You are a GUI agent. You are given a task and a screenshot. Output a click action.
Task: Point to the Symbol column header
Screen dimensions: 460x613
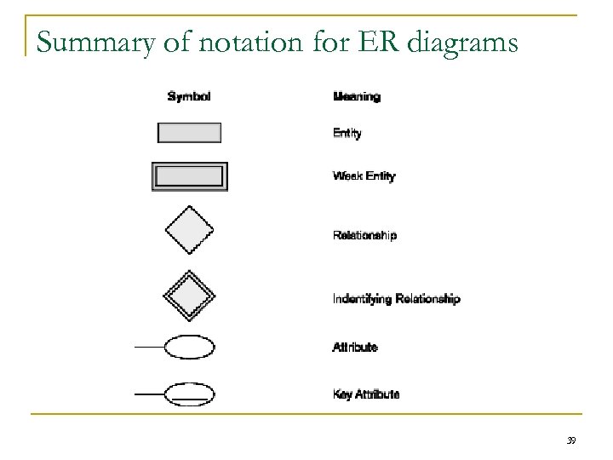point(188,96)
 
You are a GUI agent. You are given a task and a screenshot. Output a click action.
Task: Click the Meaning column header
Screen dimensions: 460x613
point(356,96)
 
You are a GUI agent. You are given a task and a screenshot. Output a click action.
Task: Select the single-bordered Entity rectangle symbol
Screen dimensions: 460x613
point(189,133)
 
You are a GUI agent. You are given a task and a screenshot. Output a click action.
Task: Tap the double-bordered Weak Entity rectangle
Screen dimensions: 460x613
point(189,176)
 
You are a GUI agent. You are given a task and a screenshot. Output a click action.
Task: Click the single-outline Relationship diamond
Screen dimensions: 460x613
point(188,230)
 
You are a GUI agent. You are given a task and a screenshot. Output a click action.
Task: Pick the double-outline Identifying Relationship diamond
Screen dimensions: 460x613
point(188,294)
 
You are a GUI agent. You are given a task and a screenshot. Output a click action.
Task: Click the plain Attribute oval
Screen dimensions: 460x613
point(189,348)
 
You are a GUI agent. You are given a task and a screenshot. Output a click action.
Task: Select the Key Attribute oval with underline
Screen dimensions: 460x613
point(189,394)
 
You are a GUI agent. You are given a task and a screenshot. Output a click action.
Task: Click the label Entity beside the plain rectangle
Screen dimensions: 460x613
point(347,134)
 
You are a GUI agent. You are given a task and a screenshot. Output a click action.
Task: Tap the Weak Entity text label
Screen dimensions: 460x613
point(364,176)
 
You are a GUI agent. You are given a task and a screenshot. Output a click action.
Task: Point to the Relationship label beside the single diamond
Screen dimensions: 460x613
point(364,235)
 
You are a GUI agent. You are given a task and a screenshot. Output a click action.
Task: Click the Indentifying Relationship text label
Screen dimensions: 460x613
point(396,299)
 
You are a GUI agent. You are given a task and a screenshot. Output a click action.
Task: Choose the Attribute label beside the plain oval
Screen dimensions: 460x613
point(355,348)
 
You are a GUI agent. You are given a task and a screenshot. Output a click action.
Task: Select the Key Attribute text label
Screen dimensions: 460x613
point(365,394)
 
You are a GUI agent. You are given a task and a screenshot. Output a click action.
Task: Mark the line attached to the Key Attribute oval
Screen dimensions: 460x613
point(148,394)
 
